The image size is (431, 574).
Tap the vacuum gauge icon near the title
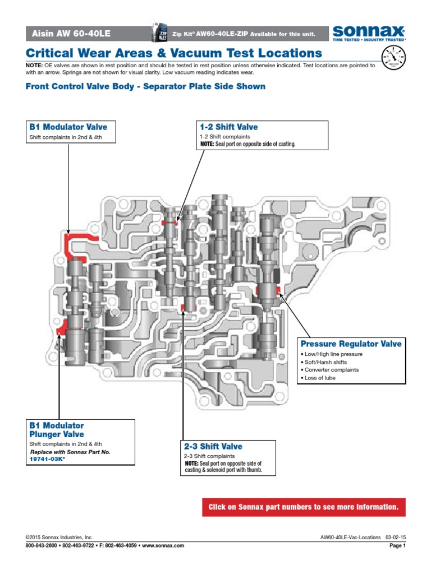coord(393,58)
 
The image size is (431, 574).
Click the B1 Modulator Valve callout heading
coord(67,127)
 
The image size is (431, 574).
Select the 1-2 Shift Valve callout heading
coord(228,127)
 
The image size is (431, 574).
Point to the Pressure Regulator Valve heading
coord(351,344)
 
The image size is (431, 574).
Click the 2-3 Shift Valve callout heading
coord(213,447)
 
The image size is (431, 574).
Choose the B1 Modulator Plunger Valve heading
coord(57,430)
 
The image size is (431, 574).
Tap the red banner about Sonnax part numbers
coord(303,507)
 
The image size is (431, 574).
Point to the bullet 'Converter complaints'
coord(331,370)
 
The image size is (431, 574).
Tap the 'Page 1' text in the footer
coord(397,545)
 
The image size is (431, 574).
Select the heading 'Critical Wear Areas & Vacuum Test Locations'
coord(175,53)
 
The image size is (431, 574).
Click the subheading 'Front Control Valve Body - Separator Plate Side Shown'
coord(146,86)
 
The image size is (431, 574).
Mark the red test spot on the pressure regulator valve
coord(263,290)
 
